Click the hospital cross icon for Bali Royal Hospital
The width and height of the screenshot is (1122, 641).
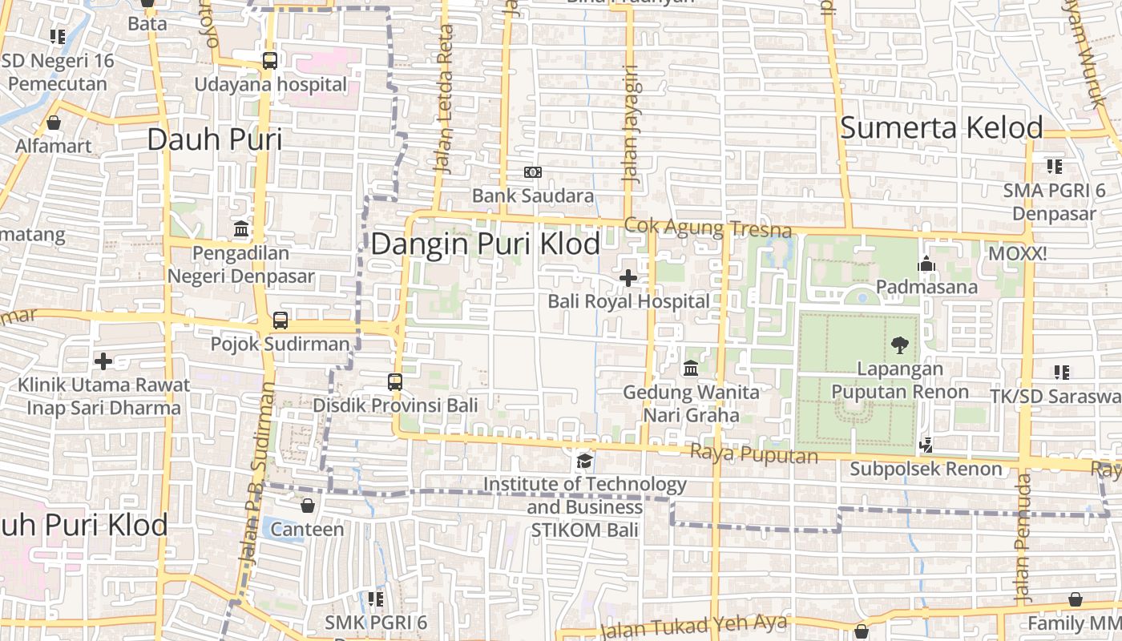[x=628, y=278]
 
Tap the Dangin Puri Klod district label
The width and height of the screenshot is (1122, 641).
[x=485, y=244]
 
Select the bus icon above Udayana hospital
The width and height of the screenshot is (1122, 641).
[x=270, y=60]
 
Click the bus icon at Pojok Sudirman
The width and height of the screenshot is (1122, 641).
[x=280, y=320]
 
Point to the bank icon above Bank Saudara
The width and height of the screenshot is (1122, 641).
[x=532, y=172]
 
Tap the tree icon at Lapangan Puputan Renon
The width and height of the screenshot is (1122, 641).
[x=899, y=345]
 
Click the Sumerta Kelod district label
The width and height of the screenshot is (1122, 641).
[x=941, y=127]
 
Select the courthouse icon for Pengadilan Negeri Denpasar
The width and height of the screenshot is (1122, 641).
[x=240, y=229]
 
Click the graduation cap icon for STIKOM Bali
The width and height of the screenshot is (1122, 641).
[x=584, y=462]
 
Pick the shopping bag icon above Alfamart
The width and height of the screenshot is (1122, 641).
[x=54, y=123]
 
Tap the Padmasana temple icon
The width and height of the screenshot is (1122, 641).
[x=926, y=264]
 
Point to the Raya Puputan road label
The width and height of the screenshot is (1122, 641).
[x=753, y=454]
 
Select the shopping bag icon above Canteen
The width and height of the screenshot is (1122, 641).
[x=307, y=506]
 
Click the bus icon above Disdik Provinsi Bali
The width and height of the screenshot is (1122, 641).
[x=394, y=381]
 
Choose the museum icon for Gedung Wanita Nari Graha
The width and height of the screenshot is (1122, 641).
[x=691, y=369]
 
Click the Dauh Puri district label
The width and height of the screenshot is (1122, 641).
[x=215, y=139]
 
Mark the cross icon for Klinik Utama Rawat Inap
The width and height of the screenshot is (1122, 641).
[x=103, y=361]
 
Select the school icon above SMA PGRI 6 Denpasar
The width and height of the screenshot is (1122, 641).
[x=1054, y=167]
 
